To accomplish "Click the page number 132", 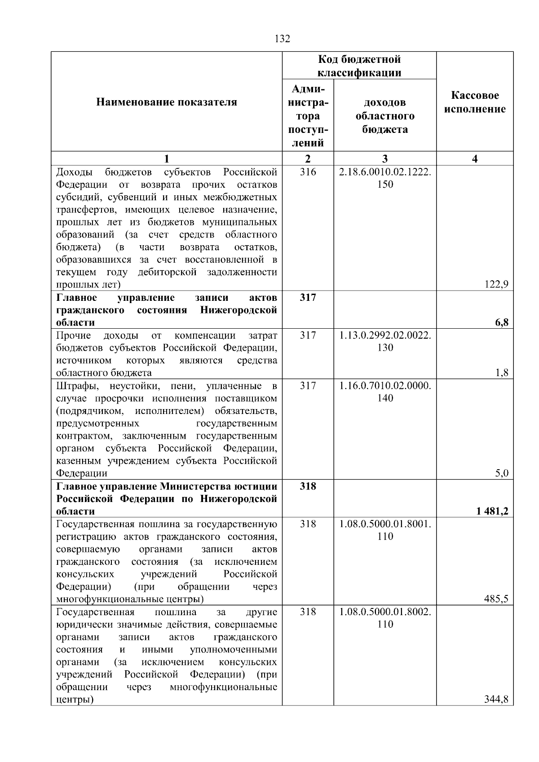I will click(282, 39).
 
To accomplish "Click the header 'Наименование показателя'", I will click(167, 102).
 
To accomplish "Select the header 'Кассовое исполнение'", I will click(475, 102).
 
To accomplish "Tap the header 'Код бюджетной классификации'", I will click(359, 66).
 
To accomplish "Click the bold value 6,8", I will click(502, 322).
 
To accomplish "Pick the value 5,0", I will click(502, 473).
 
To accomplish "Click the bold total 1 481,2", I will click(493, 511).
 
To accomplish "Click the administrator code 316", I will click(308, 172).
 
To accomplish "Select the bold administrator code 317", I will click(308, 298).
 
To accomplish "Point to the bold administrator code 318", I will click(308, 486).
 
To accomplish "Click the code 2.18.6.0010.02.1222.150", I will click(385, 178).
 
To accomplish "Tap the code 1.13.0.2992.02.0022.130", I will click(385, 342).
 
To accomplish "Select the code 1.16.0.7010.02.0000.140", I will click(385, 392).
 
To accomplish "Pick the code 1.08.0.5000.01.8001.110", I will click(385, 530).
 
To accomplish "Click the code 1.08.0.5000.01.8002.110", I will click(385, 618).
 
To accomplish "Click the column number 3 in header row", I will click(385, 159).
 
